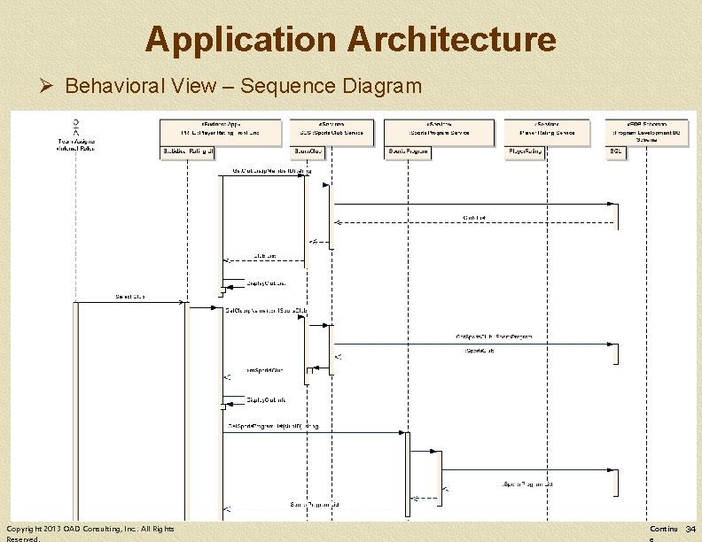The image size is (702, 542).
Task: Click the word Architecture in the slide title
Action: tap(452, 40)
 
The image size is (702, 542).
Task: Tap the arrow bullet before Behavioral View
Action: tap(48, 86)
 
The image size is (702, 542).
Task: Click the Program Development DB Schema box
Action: tap(651, 130)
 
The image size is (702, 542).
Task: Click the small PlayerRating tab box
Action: tap(526, 152)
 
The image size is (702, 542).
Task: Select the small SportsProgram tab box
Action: tap(409, 152)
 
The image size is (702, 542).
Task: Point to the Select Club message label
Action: tap(130, 296)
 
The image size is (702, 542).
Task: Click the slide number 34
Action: tap(690, 529)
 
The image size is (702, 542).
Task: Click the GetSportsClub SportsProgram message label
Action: tap(494, 337)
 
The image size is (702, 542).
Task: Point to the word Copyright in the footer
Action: tap(22, 529)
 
